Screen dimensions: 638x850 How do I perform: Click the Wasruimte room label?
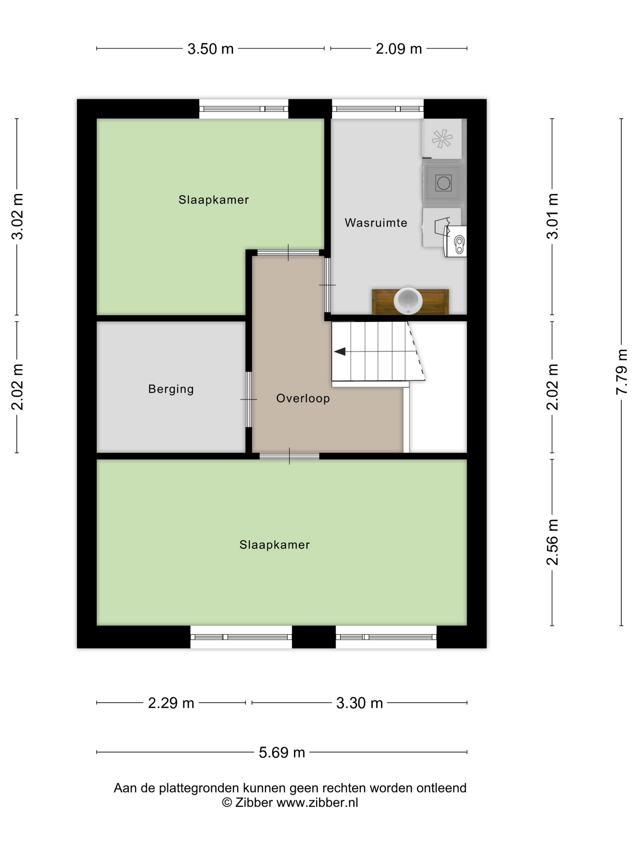point(376,223)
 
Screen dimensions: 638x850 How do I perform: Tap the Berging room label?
point(171,389)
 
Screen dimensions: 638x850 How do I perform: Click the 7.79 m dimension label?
point(622,372)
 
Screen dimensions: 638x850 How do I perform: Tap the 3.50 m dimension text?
point(210,49)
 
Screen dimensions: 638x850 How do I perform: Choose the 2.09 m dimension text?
point(399,49)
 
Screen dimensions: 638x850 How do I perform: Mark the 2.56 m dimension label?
point(552,542)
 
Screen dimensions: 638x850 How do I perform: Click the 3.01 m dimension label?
point(552,216)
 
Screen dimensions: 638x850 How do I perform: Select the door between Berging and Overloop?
point(249,399)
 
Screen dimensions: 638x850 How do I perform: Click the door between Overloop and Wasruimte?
point(327,285)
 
